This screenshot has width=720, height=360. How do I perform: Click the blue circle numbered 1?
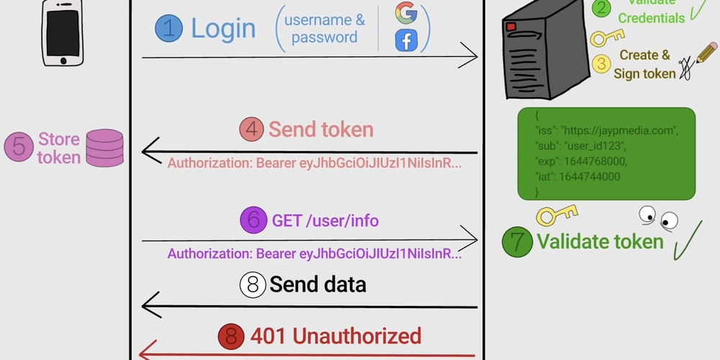[168, 29]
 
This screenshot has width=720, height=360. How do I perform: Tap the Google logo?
[406, 13]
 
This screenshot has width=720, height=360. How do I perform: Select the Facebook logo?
[406, 40]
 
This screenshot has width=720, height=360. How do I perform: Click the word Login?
[223, 29]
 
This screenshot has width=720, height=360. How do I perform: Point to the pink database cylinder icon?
[104, 148]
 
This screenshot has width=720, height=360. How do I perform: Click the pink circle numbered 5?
[19, 148]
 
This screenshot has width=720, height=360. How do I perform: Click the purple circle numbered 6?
[254, 220]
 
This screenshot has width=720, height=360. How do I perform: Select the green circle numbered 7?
[517, 241]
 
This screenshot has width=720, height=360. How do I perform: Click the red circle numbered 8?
[231, 336]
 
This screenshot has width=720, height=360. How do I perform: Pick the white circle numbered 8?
[253, 284]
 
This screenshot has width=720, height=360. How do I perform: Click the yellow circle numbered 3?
[601, 63]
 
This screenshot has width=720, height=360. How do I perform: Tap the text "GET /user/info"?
[325, 220]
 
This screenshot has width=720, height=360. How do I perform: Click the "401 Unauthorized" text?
[335, 336]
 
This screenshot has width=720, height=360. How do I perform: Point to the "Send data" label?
[318, 284]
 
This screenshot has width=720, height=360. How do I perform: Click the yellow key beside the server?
[606, 37]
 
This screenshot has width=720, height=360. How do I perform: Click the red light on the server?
[511, 27]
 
